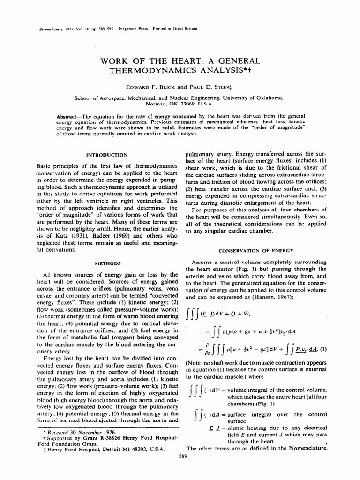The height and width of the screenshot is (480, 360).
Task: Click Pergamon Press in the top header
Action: (136, 28)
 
